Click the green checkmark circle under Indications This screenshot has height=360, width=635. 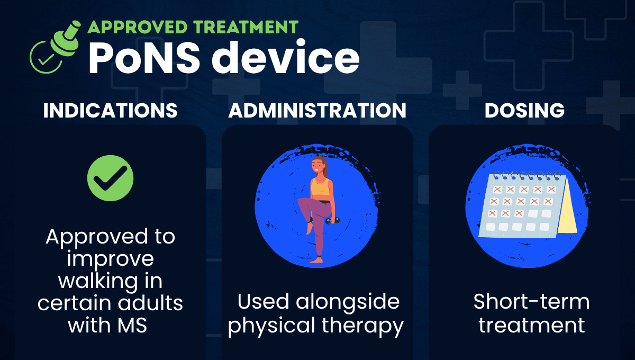pyautogui.click(x=111, y=178)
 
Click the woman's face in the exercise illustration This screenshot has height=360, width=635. pyautogui.click(x=317, y=168)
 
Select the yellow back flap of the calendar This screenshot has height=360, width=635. pyautogui.click(x=567, y=206)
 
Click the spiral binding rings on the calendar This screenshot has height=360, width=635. pyautogui.click(x=521, y=175)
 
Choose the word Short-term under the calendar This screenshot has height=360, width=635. pyautogui.click(x=531, y=302)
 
